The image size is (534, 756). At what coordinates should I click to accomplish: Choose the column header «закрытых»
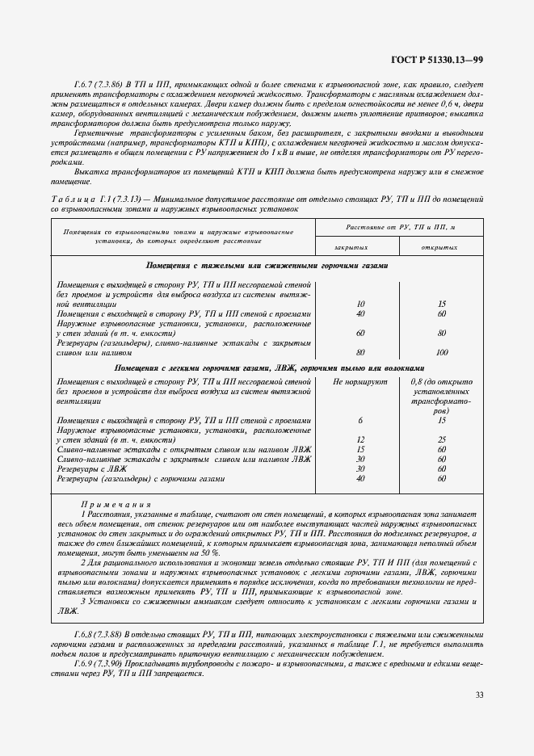coord(349,246)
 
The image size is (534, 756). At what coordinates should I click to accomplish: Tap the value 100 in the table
coord(441,351)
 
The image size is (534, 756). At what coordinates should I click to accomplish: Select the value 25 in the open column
coord(441,439)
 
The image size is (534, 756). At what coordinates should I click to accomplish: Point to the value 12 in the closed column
coord(360,439)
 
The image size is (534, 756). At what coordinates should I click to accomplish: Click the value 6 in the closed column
coord(360,420)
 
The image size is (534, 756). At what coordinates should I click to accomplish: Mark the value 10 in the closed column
coord(360,304)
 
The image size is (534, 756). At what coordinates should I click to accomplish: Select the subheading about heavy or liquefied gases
coord(267,265)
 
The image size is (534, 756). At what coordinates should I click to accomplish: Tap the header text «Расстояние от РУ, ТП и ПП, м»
coord(396,229)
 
